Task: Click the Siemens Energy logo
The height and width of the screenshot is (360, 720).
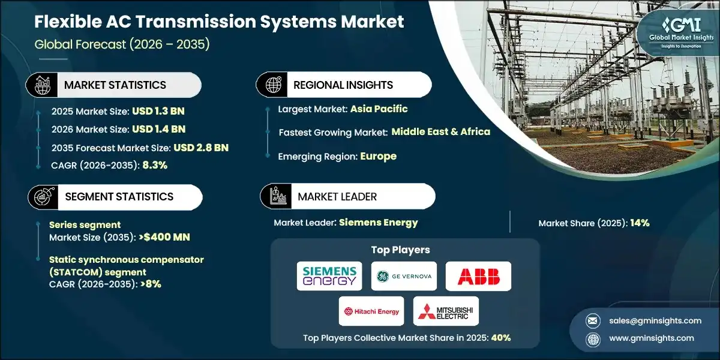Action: tap(329, 275)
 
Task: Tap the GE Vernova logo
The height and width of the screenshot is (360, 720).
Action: tap(404, 276)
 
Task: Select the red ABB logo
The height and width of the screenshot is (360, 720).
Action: tap(478, 276)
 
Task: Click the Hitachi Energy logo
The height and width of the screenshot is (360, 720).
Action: tap(371, 311)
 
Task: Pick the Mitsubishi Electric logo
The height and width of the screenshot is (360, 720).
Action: tap(446, 311)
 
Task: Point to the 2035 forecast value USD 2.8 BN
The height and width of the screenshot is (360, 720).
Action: tap(201, 148)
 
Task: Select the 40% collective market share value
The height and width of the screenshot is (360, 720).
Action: tap(501, 338)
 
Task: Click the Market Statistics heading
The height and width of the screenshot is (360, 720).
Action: tap(115, 85)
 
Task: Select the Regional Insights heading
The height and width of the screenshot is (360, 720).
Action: tap(343, 85)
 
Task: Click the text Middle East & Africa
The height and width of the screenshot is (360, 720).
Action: tap(440, 132)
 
